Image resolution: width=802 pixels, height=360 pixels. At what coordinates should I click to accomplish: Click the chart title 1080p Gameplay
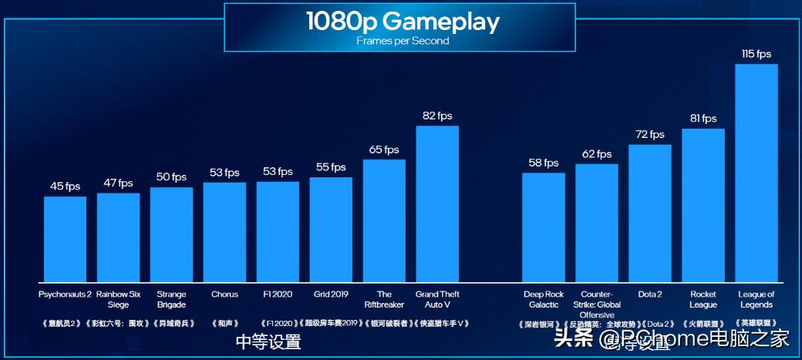coord(402,21)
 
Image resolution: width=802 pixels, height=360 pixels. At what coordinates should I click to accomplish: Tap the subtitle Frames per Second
coord(402,41)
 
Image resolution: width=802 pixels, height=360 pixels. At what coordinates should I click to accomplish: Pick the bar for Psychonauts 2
coord(65,238)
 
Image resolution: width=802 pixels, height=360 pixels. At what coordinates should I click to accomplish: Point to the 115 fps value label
coord(756,54)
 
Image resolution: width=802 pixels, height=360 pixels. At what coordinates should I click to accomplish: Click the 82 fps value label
coord(437,116)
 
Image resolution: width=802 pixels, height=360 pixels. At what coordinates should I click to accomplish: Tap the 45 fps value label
coord(65,187)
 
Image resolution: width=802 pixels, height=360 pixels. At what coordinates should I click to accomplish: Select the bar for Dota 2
coord(649,212)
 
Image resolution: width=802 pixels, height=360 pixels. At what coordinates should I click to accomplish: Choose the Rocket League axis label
coord(703,299)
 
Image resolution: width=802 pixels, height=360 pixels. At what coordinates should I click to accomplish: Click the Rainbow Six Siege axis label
coord(118,299)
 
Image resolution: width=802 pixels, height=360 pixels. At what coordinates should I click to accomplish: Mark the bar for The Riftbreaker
coord(384,220)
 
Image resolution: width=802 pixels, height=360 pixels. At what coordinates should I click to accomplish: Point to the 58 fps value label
coord(543,163)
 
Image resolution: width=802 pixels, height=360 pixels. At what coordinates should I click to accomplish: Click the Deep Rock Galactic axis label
coord(543,299)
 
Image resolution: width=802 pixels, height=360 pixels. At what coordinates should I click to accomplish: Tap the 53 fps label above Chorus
coord(224,172)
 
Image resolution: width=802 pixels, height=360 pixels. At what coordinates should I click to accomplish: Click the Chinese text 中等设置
coord(268,341)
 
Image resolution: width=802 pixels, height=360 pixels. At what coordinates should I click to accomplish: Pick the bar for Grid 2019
coord(331,229)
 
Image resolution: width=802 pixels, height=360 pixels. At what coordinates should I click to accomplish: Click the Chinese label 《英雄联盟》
coord(756,324)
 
